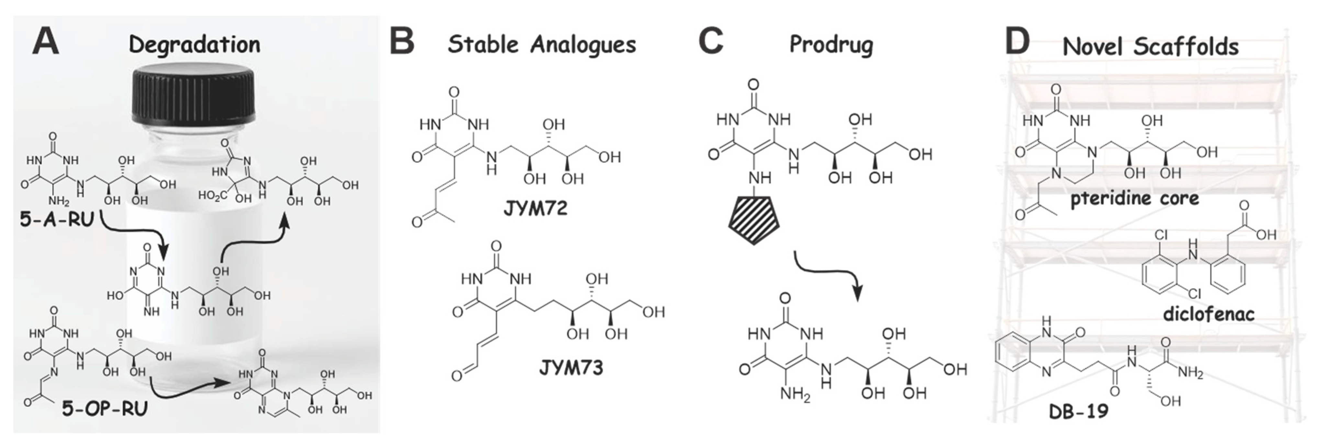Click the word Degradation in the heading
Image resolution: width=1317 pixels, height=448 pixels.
coord(194,45)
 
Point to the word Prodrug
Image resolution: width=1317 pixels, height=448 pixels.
coord(831,45)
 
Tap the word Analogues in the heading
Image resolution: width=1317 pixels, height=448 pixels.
coord(582,45)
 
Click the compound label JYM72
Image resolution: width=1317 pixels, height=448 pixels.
coord(535,209)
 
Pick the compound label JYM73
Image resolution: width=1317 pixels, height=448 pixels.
coord(571,367)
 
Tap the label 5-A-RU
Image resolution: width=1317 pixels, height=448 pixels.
coord(57,219)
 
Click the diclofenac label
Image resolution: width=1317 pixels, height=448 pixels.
coord(1209,313)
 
